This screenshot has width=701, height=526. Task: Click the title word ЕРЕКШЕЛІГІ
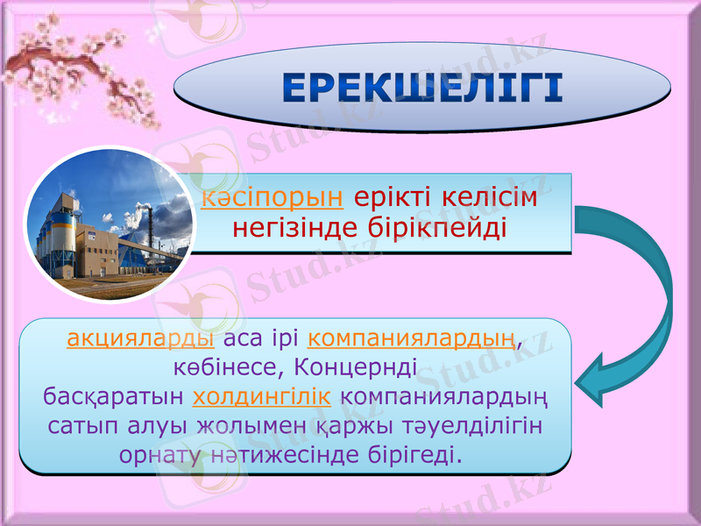click(x=422, y=89)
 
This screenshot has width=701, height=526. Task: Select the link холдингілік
click(x=261, y=395)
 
